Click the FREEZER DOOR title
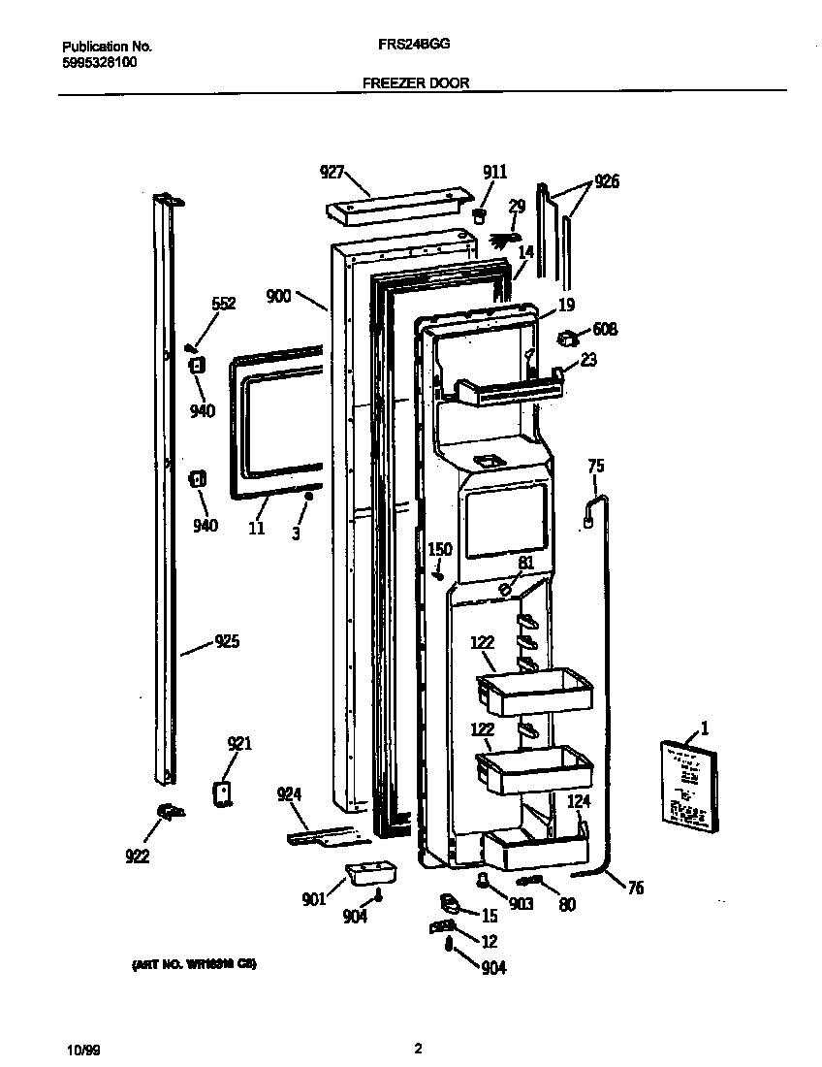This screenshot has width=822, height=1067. tap(415, 83)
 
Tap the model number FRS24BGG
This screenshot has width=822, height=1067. tap(413, 45)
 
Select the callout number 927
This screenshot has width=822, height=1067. tap(332, 172)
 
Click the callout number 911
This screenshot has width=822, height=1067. tap(494, 172)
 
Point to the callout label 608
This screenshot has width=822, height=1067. tap(605, 330)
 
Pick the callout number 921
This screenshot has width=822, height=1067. tap(239, 744)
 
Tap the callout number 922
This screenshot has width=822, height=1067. tap(138, 856)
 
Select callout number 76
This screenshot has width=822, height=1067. tap(635, 888)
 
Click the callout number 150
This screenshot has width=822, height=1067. tap(440, 550)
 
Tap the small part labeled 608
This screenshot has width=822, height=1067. tap(567, 338)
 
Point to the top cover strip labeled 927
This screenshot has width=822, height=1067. tap(395, 206)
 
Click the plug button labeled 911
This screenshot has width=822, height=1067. tap(479, 213)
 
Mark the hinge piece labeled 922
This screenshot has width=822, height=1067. tap(169, 811)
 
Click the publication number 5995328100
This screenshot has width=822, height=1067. tap(99, 61)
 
